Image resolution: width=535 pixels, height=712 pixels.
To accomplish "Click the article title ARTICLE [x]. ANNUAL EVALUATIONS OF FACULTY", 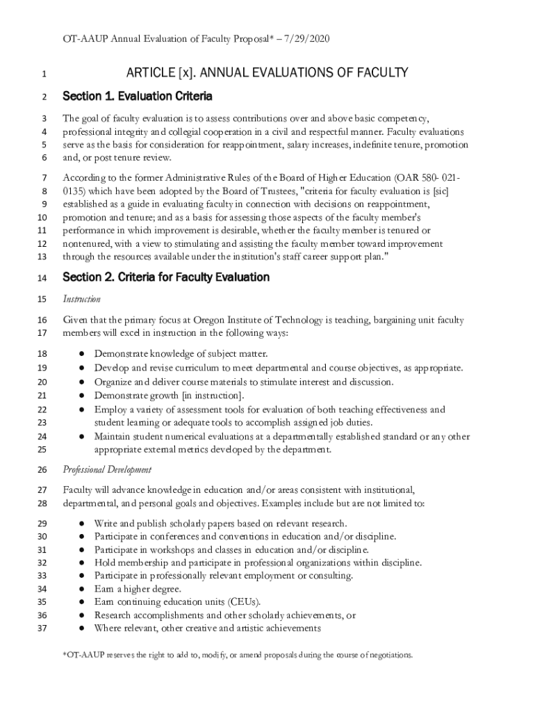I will coord(267,73).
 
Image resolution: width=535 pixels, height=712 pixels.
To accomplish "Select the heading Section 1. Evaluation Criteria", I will coord(138,96).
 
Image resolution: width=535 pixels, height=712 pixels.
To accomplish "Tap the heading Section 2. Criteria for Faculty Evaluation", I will coord(166,277).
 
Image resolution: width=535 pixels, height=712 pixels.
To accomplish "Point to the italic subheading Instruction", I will coord(82,299).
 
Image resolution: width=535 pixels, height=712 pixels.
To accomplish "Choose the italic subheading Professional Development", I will coord(107,469).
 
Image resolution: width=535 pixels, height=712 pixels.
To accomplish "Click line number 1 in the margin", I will coord(44,74).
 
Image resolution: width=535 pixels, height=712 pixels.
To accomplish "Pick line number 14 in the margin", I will coord(41,278).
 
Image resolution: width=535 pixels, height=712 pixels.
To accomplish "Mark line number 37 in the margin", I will coord(41,629).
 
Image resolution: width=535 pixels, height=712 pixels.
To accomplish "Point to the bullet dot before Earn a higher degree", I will coord(81,589).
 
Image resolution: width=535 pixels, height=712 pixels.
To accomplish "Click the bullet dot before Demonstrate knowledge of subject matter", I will coord(81,354).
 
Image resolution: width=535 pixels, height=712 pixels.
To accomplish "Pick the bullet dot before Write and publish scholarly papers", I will coord(81,523).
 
